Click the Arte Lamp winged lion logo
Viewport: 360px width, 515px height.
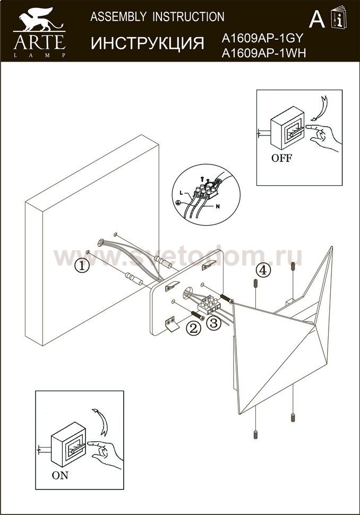[x=39, y=20]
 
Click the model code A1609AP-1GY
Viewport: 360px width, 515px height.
[x=262, y=39]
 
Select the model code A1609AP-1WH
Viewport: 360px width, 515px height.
[x=264, y=53]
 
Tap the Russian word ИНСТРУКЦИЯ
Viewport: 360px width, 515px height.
[x=148, y=44]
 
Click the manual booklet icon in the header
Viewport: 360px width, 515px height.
[x=339, y=18]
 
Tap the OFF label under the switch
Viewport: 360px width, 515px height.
[x=281, y=158]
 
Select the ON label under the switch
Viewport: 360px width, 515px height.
[x=60, y=475]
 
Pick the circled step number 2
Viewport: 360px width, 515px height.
[x=193, y=328]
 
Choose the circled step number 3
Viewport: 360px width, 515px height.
[x=213, y=323]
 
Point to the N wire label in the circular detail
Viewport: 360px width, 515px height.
[x=218, y=207]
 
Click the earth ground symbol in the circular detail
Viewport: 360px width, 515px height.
[x=178, y=203]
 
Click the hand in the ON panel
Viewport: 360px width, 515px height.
[x=106, y=453]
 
